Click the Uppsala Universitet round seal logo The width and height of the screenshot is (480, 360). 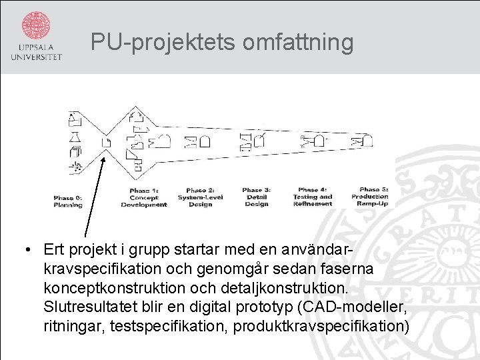coord(36,25)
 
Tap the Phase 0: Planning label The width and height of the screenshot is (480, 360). coord(68,201)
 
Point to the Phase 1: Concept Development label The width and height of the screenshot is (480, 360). coord(143,198)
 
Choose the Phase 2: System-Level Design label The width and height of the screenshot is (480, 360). coord(200,197)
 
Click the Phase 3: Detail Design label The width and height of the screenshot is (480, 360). coord(257,197)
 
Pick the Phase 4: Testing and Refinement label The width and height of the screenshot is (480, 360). coord(313,197)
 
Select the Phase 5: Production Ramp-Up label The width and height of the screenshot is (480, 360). coord(370,197)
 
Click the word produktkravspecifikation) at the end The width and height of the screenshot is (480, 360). coord(321,327)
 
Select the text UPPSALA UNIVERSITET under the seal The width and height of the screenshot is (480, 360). coord(36,52)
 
